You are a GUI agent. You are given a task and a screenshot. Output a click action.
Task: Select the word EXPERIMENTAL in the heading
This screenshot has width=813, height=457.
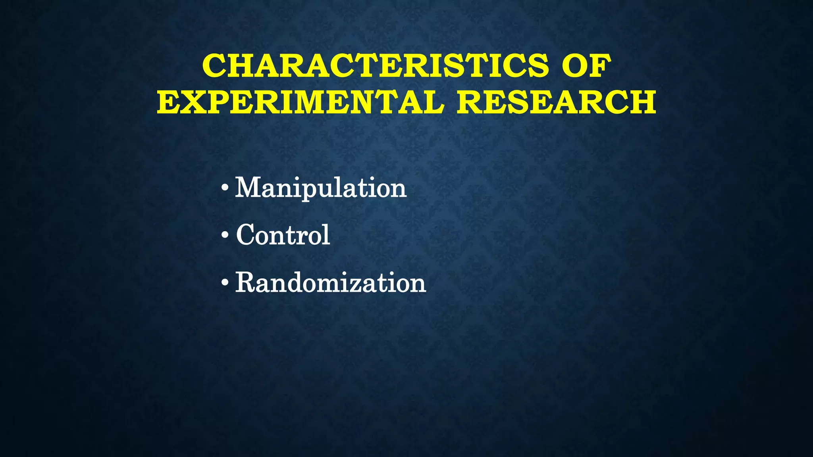(x=300, y=102)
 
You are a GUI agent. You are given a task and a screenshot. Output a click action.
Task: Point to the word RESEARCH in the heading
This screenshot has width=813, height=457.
(x=556, y=102)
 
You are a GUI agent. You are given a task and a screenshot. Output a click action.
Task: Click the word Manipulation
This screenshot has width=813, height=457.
(x=321, y=188)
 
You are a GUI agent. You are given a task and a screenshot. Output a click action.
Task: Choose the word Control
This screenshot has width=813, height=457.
(x=283, y=235)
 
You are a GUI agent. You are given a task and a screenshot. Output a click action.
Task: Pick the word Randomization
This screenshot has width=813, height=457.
(x=330, y=283)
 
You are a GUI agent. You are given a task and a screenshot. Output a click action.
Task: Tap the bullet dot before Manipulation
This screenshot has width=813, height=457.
(x=225, y=188)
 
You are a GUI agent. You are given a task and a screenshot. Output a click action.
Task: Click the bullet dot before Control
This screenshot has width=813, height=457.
(x=225, y=235)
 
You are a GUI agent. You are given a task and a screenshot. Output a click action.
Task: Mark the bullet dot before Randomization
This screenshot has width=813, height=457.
(x=225, y=283)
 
